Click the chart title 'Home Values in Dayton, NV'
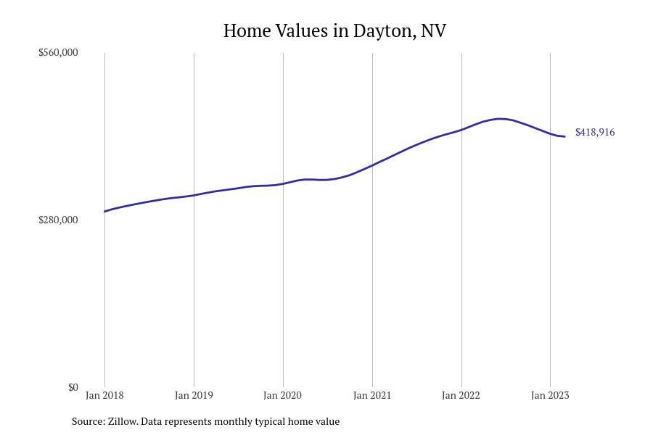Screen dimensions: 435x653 click(334, 30)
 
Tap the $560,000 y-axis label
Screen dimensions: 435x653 click(58, 52)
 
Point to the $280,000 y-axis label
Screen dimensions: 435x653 click(58, 220)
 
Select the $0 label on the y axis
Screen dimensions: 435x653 click(73, 387)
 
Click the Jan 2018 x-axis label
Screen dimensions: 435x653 click(104, 395)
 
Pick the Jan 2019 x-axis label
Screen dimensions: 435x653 click(194, 395)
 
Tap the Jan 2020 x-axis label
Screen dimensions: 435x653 click(283, 395)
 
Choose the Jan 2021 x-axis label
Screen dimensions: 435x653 click(372, 395)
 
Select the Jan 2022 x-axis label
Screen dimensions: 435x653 click(461, 395)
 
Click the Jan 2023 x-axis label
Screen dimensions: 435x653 click(550, 395)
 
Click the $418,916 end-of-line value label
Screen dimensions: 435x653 click(595, 132)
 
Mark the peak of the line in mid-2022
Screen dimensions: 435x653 click(500, 118)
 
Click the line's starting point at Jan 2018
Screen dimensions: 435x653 click(104, 212)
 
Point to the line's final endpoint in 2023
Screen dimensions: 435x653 click(564, 136)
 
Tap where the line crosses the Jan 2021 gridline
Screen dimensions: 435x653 click(372, 165)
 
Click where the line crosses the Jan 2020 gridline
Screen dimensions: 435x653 click(283, 183)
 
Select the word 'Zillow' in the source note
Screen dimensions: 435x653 click(123, 421)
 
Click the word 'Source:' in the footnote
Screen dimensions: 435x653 click(88, 421)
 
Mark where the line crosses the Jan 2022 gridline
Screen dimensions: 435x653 click(461, 130)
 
